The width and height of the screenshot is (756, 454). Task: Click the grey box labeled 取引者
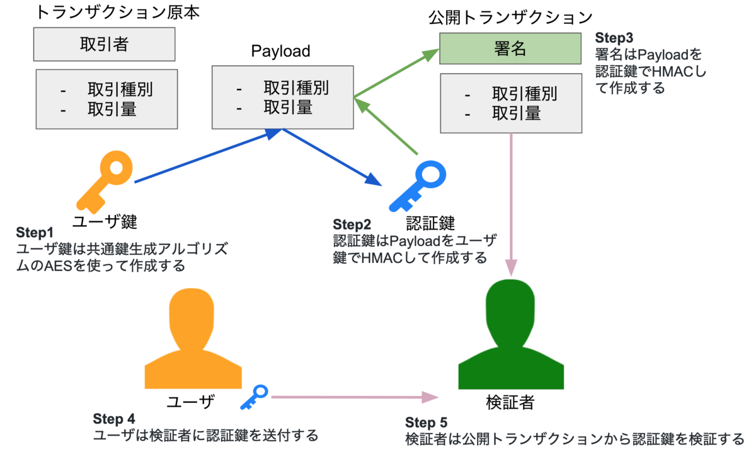point(105,45)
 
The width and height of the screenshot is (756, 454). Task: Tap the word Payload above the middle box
point(281,51)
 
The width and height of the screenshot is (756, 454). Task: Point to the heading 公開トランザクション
point(511,18)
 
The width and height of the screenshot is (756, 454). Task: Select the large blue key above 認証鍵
point(416,187)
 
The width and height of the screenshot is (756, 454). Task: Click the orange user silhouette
point(193,340)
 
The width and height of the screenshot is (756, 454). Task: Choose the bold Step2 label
point(352,224)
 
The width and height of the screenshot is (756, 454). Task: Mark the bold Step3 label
point(614,37)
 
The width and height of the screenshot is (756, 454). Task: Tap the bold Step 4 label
point(113,419)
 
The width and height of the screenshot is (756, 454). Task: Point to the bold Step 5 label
point(426,422)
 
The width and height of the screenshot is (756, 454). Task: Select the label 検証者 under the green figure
point(511,401)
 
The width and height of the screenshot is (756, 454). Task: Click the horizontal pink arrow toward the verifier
point(353,397)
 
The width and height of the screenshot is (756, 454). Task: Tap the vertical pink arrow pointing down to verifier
point(510,202)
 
